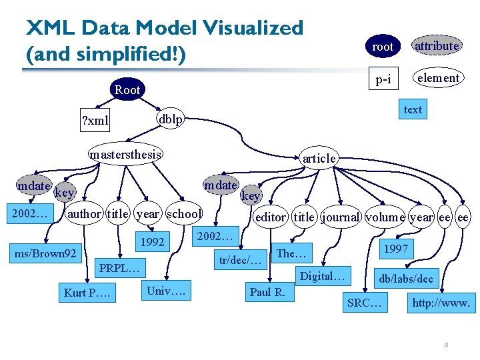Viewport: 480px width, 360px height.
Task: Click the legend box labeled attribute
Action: point(437,46)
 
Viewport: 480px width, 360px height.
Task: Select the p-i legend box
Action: point(383,79)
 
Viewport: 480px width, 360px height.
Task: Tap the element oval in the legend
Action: point(437,78)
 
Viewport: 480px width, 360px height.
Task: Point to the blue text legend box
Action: point(413,109)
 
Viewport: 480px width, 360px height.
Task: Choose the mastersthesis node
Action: point(126,155)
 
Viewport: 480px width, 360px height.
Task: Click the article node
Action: point(319,158)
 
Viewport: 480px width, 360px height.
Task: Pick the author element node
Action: point(85,214)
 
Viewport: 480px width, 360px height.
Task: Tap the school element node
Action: point(184,214)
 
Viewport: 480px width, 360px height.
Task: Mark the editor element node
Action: point(270,217)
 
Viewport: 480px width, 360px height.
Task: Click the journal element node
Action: point(341,217)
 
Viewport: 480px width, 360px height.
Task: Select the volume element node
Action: point(385,217)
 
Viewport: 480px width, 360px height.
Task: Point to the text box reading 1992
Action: point(153,242)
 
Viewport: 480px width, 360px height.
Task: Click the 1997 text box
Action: point(395,249)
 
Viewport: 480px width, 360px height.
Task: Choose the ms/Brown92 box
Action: point(45,253)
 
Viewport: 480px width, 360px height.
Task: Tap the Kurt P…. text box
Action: point(87,293)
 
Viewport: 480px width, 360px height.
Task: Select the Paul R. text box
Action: point(267,292)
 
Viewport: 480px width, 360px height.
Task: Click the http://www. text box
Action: point(441,303)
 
